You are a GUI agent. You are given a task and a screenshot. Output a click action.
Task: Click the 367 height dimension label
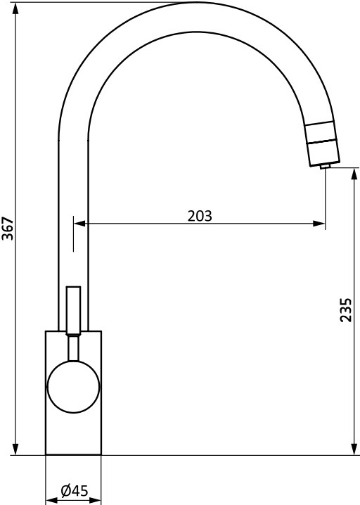click(8, 229)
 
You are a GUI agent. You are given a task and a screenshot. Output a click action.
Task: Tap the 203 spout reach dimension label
click(200, 216)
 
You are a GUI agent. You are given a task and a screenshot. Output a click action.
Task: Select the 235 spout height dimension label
click(346, 310)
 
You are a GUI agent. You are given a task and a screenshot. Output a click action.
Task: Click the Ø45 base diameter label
click(75, 491)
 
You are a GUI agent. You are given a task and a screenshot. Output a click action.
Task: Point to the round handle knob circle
click(73, 386)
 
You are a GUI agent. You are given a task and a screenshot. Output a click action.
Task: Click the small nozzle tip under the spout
click(324, 166)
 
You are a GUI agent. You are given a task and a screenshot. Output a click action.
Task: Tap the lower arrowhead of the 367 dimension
click(15, 449)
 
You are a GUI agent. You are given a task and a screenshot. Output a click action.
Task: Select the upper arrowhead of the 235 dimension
click(354, 174)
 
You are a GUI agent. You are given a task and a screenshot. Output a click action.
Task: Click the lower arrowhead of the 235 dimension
click(354, 449)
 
